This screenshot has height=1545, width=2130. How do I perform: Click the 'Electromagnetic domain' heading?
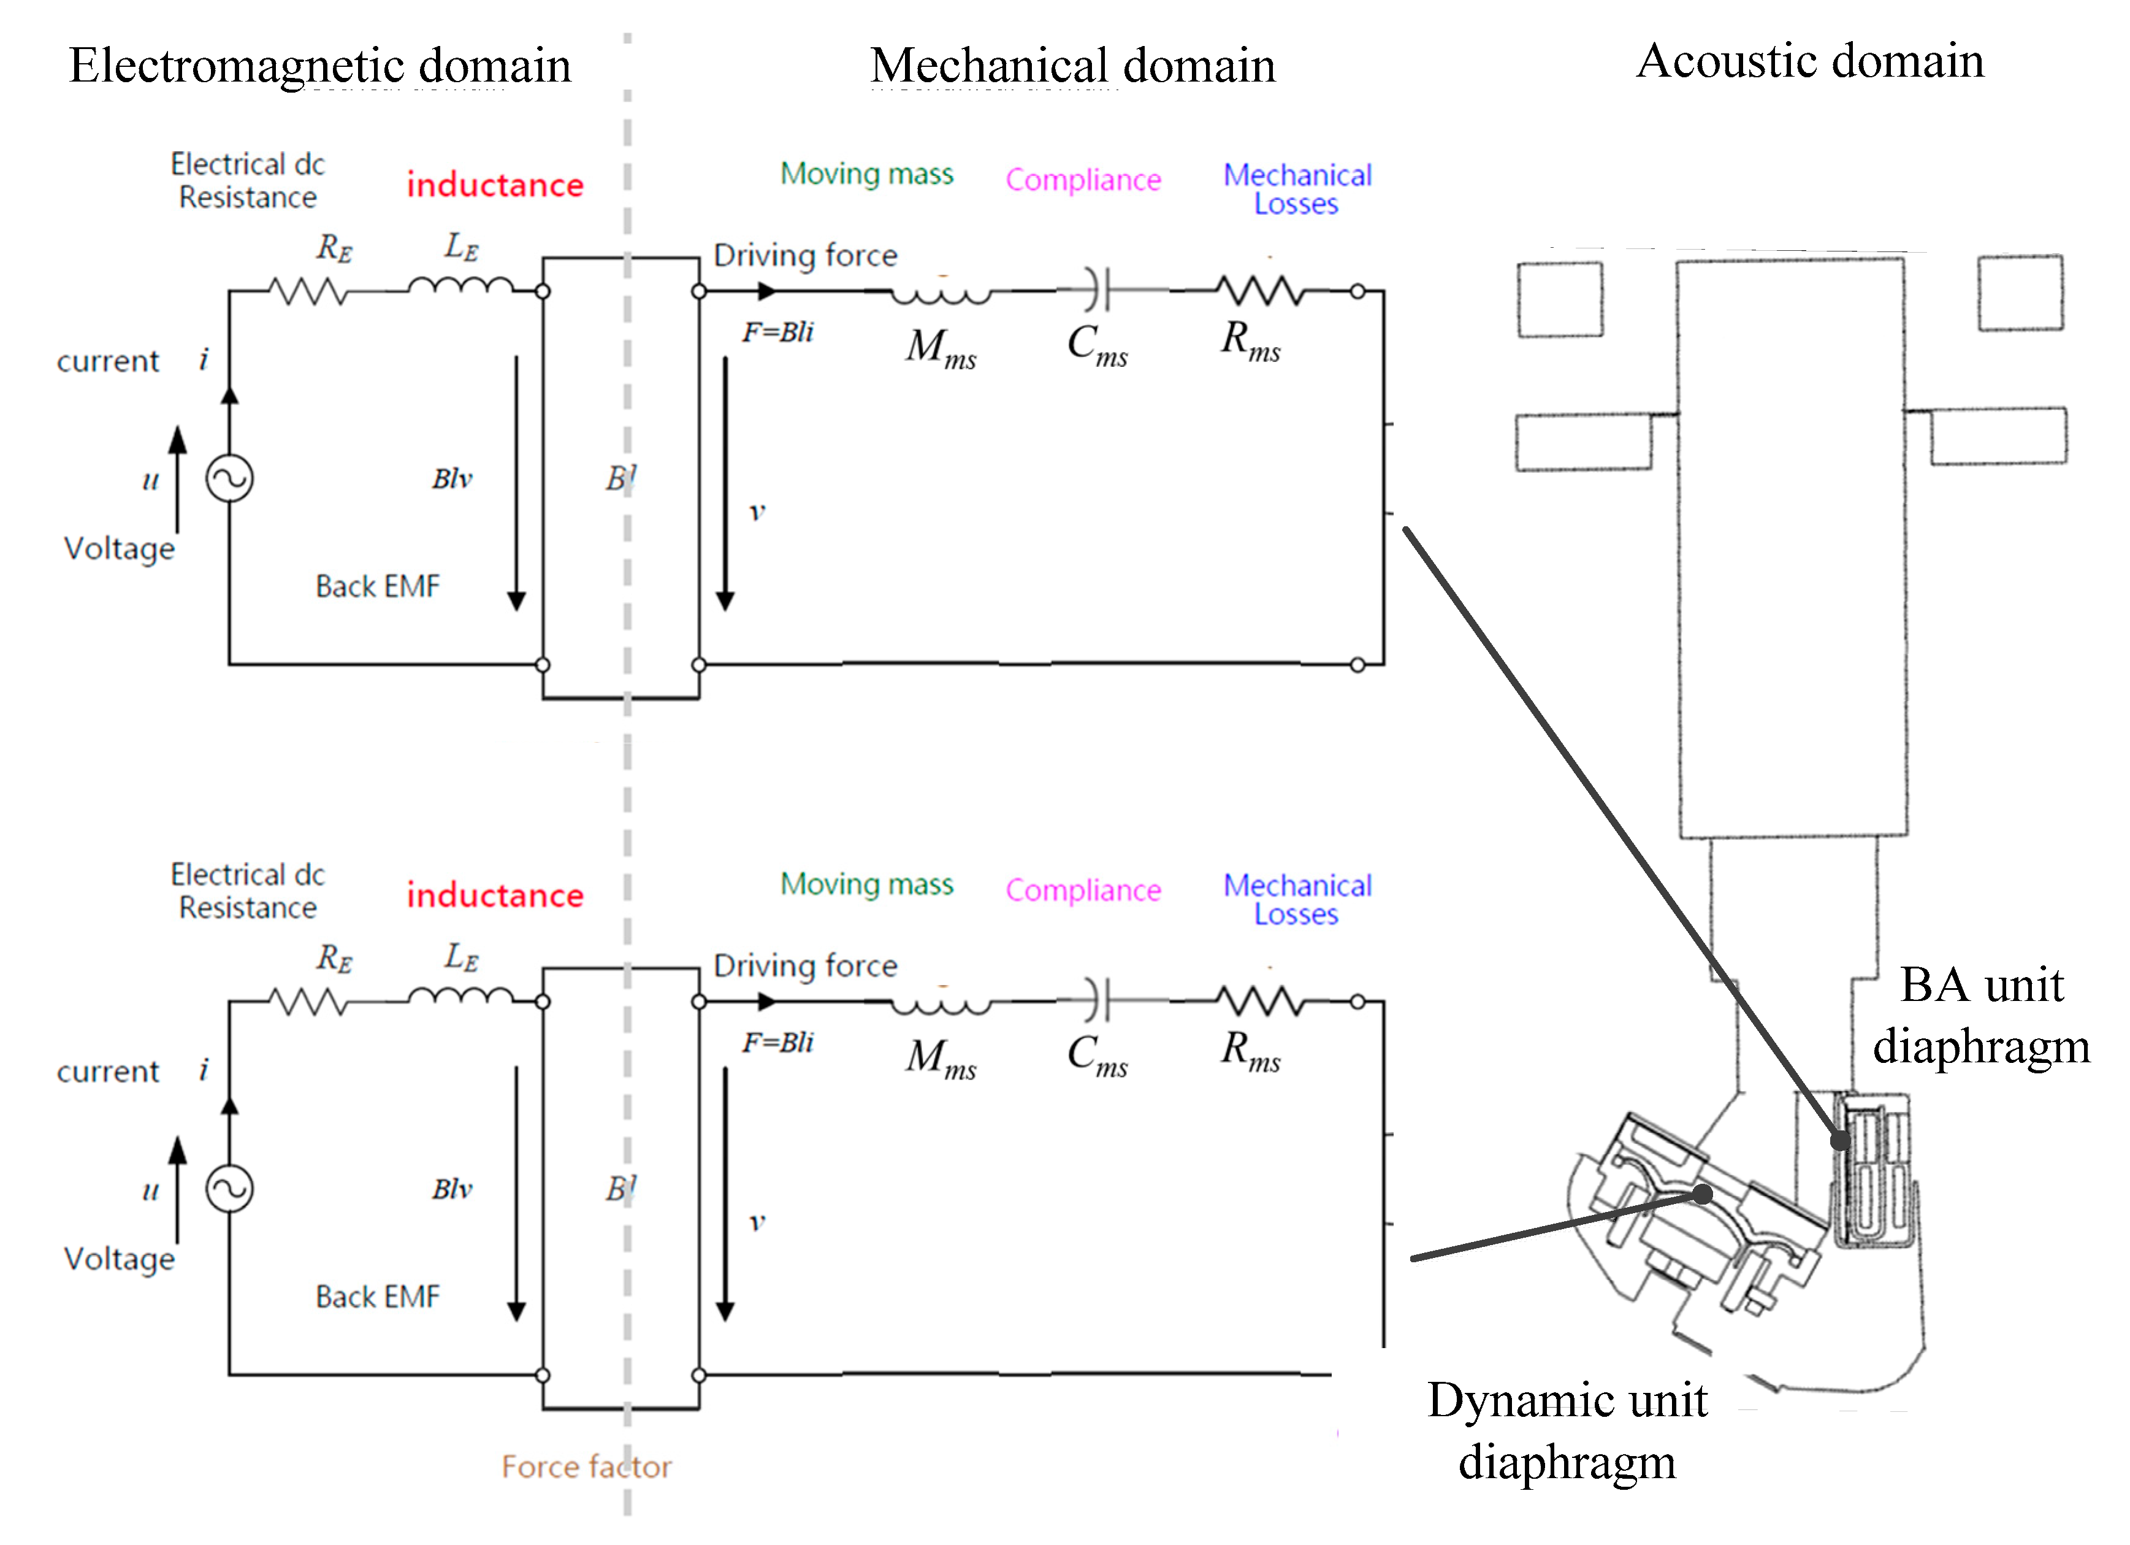pyautogui.click(x=319, y=66)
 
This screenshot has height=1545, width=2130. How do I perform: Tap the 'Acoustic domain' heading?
pyautogui.click(x=1810, y=61)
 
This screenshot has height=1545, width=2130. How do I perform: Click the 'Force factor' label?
pyautogui.click(x=586, y=1466)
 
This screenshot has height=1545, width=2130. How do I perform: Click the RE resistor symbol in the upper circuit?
pyautogui.click(x=308, y=292)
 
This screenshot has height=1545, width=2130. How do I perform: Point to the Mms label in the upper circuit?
pyautogui.click(x=940, y=348)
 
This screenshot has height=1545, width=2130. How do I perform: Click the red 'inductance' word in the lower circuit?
pyautogui.click(x=495, y=895)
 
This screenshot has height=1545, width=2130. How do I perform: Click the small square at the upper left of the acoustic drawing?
pyautogui.click(x=1560, y=299)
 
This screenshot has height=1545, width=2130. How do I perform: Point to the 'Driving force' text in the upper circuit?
pyautogui.click(x=805, y=256)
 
